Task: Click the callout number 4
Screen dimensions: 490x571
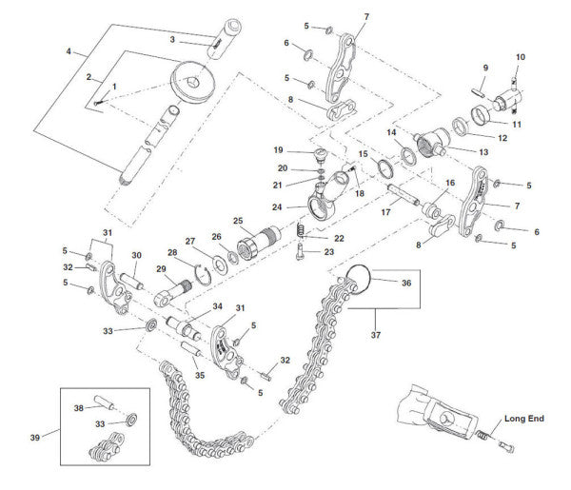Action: click(x=69, y=51)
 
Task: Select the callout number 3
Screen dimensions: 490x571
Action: click(x=172, y=39)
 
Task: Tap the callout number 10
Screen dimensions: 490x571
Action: click(x=520, y=57)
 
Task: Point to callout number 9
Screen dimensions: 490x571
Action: click(x=484, y=68)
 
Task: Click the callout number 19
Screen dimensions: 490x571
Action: click(x=279, y=150)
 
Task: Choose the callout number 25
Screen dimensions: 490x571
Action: click(x=238, y=221)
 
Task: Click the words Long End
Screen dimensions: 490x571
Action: click(x=525, y=418)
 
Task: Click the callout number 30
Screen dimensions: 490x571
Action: click(x=136, y=255)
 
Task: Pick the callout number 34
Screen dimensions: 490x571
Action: click(x=217, y=306)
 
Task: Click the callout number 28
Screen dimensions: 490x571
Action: click(x=172, y=253)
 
